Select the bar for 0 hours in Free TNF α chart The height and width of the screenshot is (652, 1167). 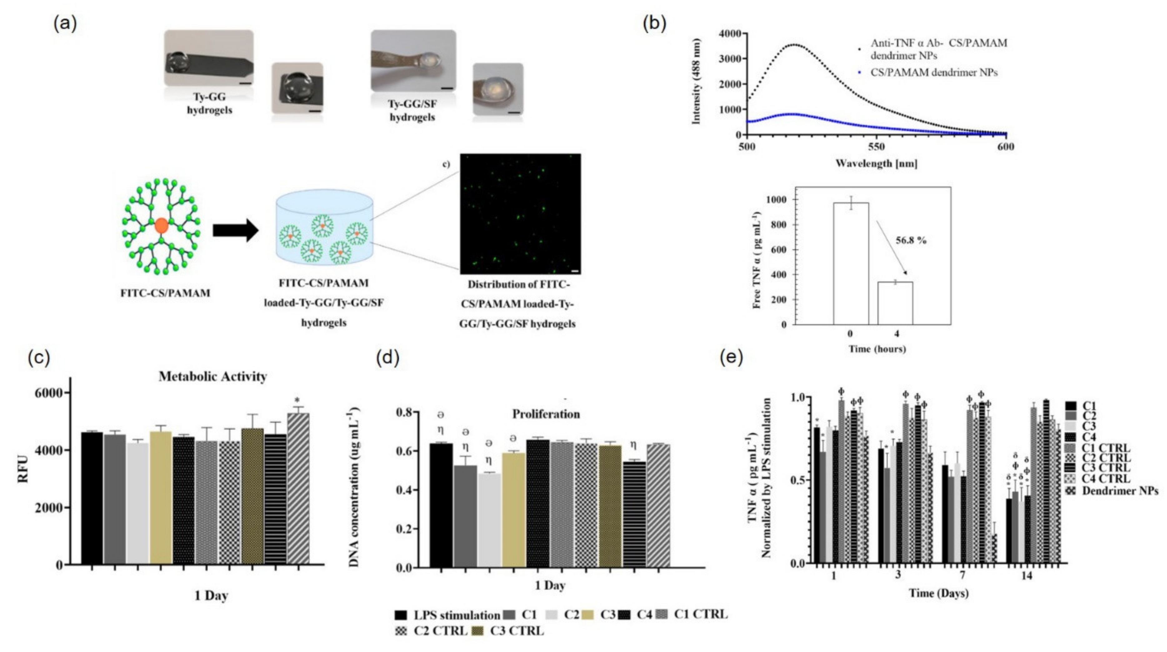pyautogui.click(x=851, y=263)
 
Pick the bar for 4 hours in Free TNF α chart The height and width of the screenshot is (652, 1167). pyautogui.click(x=895, y=303)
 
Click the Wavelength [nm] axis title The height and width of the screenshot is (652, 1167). pyautogui.click(x=876, y=164)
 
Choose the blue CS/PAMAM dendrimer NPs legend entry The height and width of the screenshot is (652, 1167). pyautogui.click(x=933, y=73)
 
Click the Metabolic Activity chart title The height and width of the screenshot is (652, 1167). pyautogui.click(x=212, y=376)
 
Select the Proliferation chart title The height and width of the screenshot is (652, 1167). pyautogui.click(x=546, y=414)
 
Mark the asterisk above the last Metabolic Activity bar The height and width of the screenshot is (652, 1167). pyautogui.click(x=297, y=400)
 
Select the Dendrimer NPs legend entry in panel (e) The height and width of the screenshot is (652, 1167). pyautogui.click(x=1119, y=491)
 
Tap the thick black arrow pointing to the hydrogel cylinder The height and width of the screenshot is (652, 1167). pyautogui.click(x=235, y=231)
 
